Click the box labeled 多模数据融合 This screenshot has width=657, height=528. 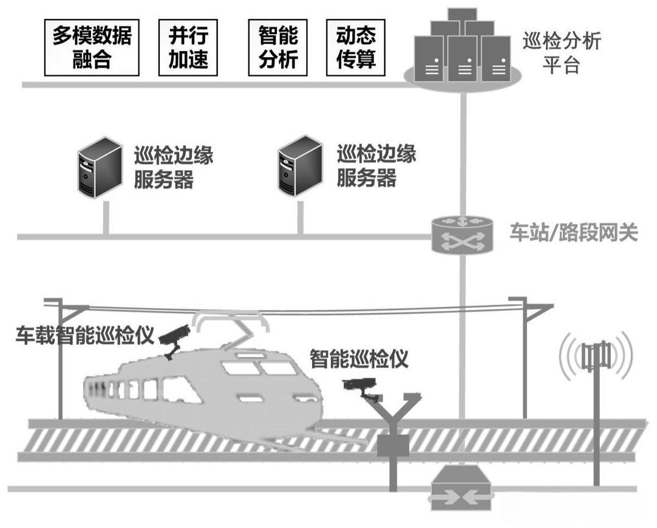point(92,47)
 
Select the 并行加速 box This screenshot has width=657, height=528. point(188,47)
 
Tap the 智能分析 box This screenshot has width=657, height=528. point(278,47)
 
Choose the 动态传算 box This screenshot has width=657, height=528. point(356,47)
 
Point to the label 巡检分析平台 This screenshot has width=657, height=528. point(562,53)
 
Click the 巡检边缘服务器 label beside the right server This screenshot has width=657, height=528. point(376,166)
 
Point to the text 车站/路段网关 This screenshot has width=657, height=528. point(573,233)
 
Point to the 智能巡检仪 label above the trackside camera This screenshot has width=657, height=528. point(359,358)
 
